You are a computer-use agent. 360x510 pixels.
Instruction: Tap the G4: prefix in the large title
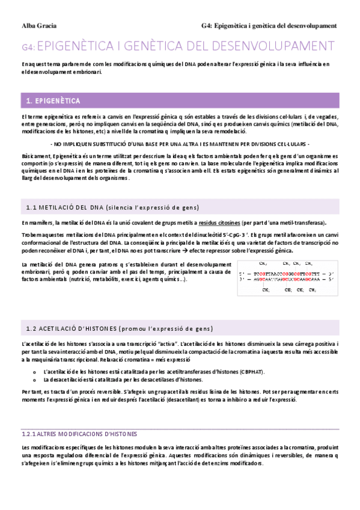click(x=29, y=46)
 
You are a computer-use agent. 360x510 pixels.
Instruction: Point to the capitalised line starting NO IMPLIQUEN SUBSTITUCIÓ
click(x=180, y=145)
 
